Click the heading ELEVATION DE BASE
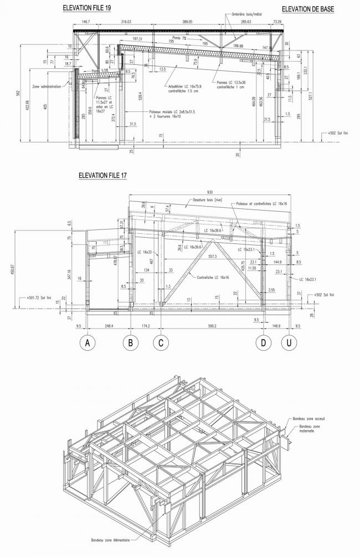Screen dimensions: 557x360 point(308,9)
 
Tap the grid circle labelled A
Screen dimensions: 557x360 point(87,343)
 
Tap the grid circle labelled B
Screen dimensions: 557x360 point(130,343)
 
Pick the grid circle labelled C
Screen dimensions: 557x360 point(161,343)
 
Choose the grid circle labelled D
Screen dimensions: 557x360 point(263,343)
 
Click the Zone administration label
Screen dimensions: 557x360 point(48,86)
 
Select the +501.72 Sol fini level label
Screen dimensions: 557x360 point(38,297)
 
